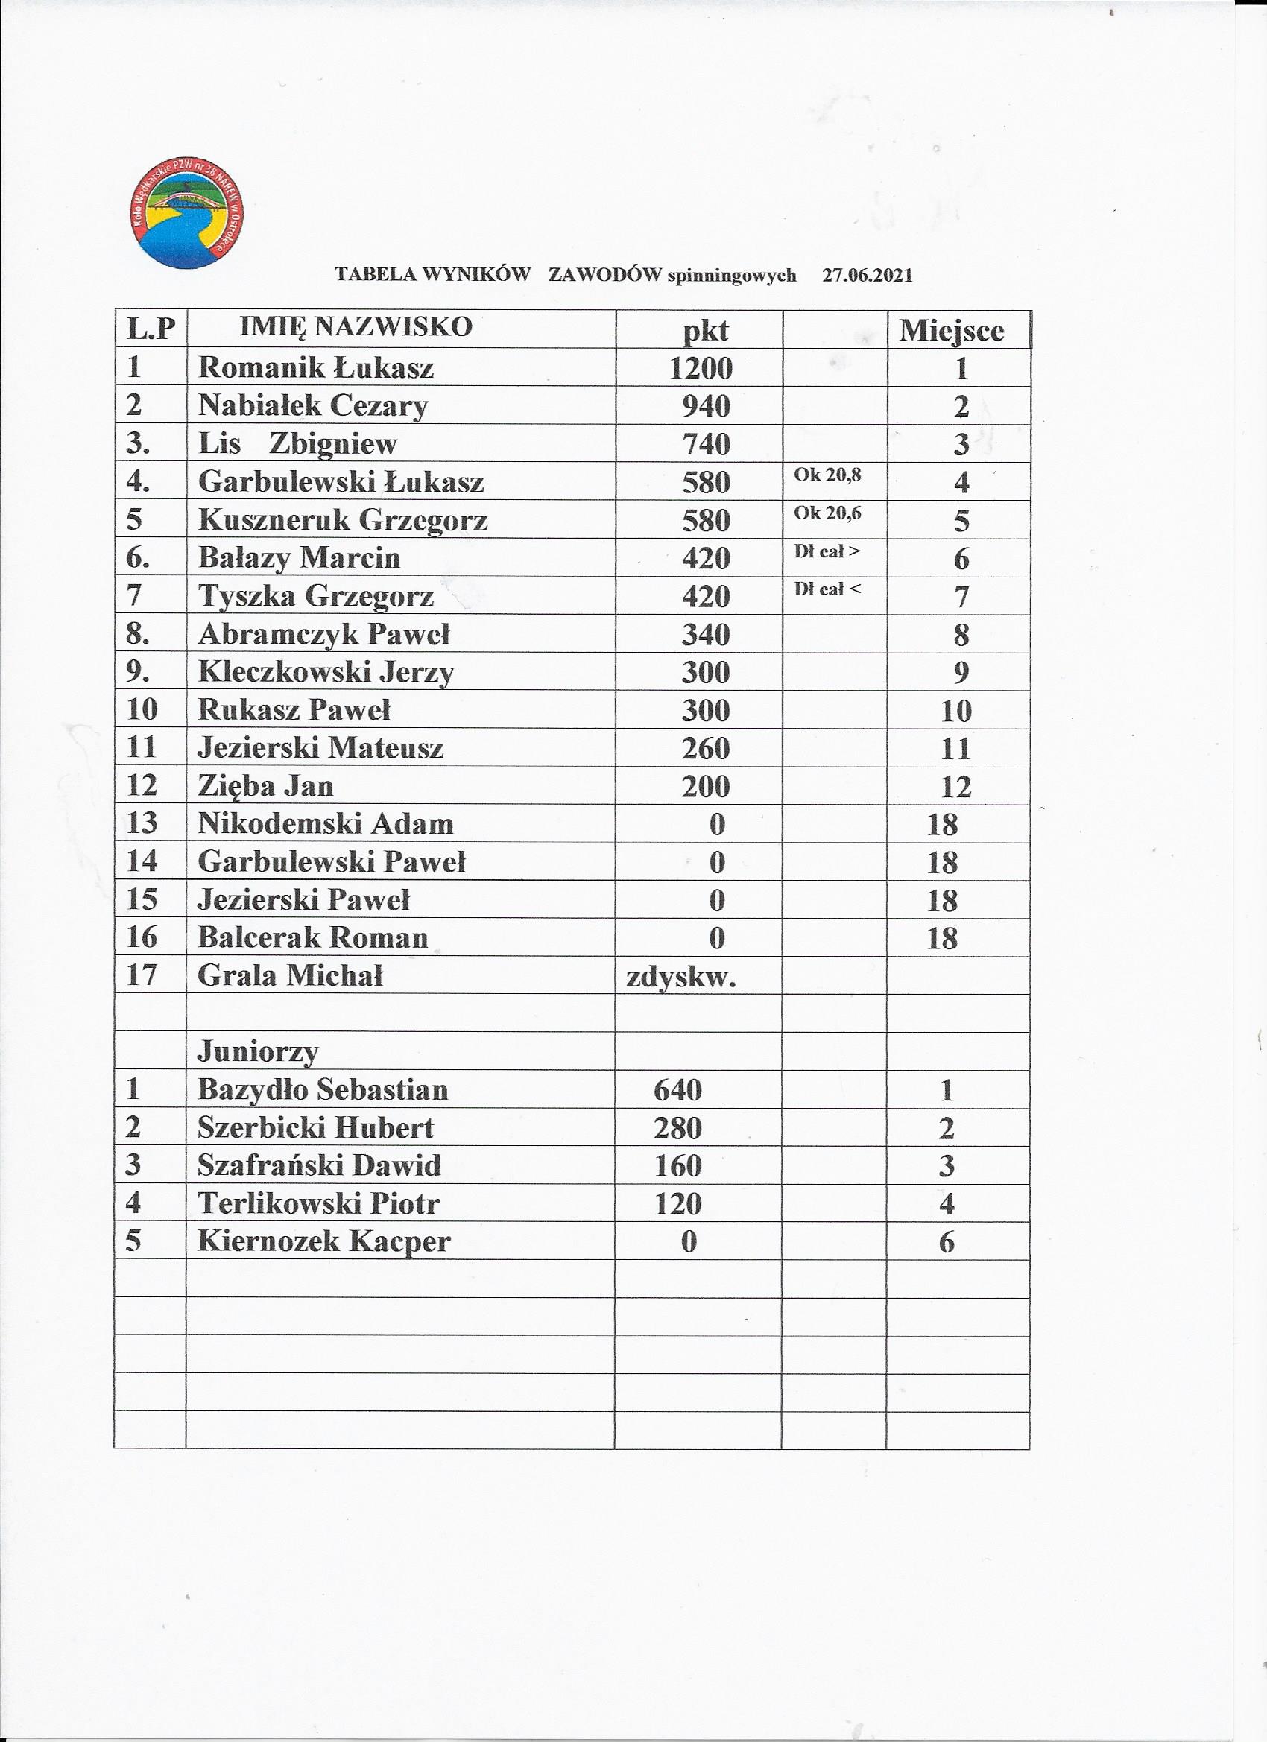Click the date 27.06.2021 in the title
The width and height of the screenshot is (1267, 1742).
tap(868, 276)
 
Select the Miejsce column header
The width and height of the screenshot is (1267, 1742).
tap(951, 330)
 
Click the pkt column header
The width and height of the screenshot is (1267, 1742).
tap(705, 330)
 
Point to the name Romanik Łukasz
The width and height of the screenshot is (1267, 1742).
tap(316, 368)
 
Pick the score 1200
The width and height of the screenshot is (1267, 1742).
tap(701, 369)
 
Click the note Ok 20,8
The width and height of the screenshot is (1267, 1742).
tap(827, 475)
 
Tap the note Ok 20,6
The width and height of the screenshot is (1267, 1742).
tap(827, 513)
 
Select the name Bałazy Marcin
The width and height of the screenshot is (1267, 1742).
tap(299, 558)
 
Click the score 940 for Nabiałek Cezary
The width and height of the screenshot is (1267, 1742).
tap(706, 406)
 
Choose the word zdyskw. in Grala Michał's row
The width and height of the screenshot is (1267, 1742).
tap(681, 977)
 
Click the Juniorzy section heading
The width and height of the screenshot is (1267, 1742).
tap(257, 1052)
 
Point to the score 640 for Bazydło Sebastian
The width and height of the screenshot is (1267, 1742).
tap(677, 1090)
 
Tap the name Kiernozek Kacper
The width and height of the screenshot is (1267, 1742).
tap(323, 1242)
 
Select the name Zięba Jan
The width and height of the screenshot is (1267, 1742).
tap(266, 787)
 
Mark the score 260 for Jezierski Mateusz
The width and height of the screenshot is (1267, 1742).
tap(705, 749)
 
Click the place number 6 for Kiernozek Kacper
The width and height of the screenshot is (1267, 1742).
tap(947, 1243)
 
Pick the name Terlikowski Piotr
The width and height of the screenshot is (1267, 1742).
tap(318, 1203)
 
